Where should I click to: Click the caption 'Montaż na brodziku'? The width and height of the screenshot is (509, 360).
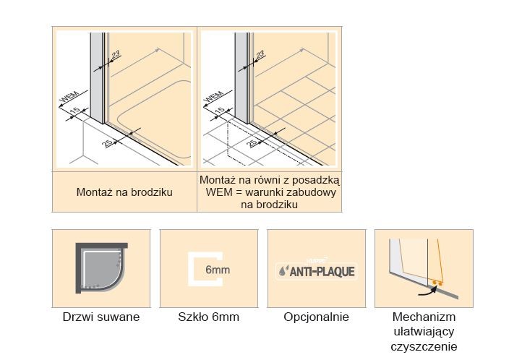point(124,193)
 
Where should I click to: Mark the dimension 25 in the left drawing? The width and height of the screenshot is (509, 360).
point(108,142)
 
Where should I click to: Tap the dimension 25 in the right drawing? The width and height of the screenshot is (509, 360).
point(253,142)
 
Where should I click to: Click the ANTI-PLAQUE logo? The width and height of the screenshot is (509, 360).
point(316,273)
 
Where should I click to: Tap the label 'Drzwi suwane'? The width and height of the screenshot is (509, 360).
point(101,317)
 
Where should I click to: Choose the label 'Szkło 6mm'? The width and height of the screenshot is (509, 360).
point(208,317)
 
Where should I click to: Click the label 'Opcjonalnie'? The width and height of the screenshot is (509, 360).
point(316,317)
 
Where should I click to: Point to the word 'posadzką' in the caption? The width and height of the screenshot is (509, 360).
point(315,179)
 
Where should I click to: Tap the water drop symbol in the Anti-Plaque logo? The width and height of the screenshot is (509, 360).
point(283,273)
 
